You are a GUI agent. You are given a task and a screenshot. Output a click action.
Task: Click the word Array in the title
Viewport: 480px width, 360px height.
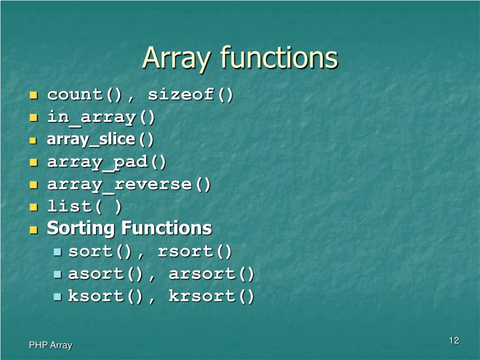click(x=177, y=58)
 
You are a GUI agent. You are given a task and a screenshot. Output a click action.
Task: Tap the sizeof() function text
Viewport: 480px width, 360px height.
click(x=190, y=95)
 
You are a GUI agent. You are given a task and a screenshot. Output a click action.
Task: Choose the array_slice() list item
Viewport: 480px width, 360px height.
click(x=100, y=140)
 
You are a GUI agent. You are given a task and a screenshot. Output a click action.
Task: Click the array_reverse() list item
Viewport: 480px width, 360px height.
click(x=129, y=185)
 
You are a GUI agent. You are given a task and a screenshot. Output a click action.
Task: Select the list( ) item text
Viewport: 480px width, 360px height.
click(x=84, y=207)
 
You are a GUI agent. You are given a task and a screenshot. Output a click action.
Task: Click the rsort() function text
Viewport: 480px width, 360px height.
click(x=195, y=252)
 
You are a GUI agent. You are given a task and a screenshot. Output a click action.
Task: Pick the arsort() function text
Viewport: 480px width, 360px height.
click(x=211, y=274)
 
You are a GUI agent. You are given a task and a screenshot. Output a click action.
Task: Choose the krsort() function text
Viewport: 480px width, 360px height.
click(x=211, y=296)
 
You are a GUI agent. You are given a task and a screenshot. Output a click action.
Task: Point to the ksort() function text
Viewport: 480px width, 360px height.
click(x=105, y=296)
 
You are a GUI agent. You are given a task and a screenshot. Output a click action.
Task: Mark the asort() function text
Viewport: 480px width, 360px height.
click(x=105, y=274)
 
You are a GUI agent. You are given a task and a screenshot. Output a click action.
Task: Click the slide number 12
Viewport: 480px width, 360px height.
click(x=454, y=340)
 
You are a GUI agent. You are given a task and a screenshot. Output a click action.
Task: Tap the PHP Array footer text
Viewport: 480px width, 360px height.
click(x=51, y=345)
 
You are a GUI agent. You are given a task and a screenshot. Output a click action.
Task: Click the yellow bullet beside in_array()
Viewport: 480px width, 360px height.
click(x=33, y=118)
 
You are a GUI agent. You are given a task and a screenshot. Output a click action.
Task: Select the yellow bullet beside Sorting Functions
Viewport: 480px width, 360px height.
click(x=33, y=230)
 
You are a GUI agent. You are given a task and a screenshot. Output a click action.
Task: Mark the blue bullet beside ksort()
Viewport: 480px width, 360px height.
click(x=58, y=297)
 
